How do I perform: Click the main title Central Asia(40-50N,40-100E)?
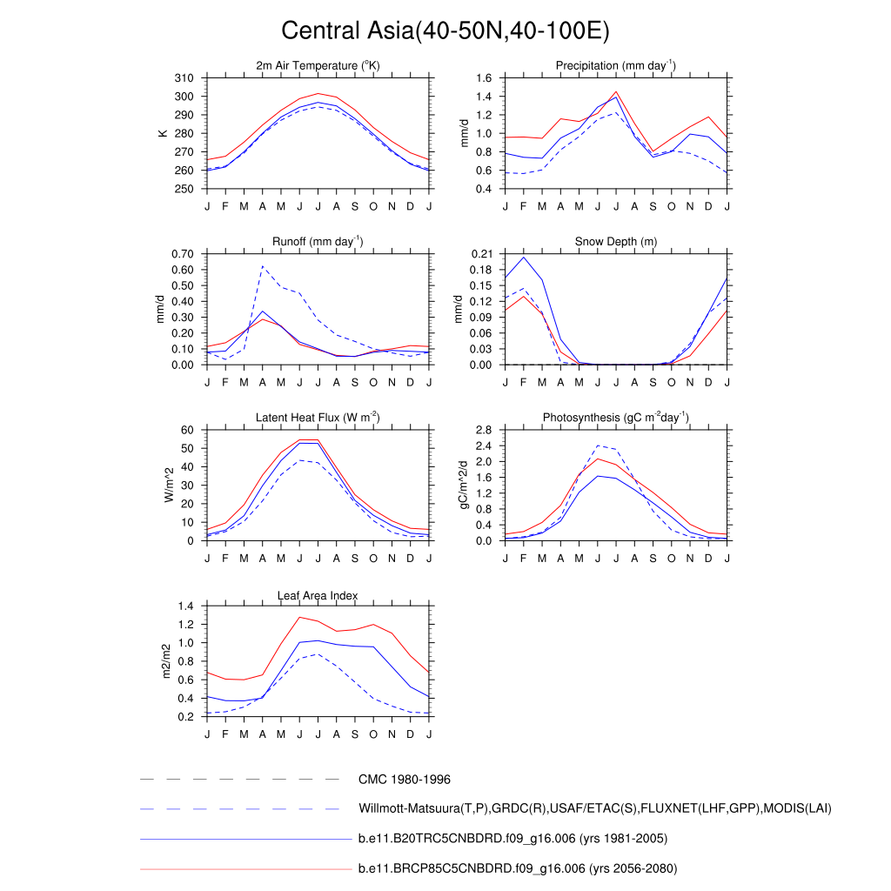point(445,31)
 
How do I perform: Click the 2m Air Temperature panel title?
point(318,66)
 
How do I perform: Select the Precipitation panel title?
point(615,66)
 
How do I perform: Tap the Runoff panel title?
point(318,242)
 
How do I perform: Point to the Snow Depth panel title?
point(615,242)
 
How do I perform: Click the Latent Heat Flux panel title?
point(318,418)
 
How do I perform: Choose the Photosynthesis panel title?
point(615,418)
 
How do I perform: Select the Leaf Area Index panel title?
point(318,595)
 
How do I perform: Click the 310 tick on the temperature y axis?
point(184,78)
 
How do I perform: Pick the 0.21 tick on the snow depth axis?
point(482,254)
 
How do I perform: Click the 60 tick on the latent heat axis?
point(187,430)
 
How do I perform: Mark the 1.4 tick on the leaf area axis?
point(184,606)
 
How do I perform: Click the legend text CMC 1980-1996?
point(404,780)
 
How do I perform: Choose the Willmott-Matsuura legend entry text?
point(595,809)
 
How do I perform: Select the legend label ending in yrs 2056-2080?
point(518,868)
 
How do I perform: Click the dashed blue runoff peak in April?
point(263,266)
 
